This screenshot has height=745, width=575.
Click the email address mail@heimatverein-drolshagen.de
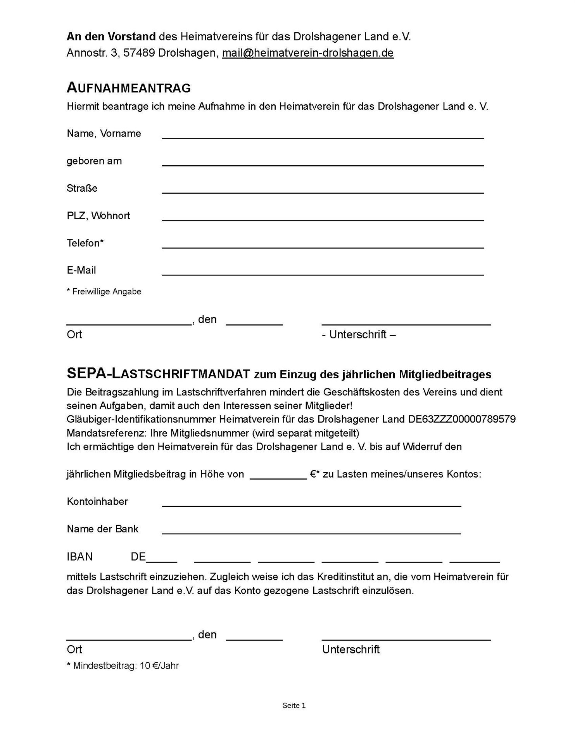click(x=307, y=53)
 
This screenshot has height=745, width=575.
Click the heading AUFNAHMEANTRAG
click(x=129, y=88)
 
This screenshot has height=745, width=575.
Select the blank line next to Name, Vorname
click(x=323, y=136)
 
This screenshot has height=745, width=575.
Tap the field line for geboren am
click(x=323, y=164)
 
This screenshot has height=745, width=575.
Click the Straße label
click(x=82, y=188)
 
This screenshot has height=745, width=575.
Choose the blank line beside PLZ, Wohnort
click(x=323, y=218)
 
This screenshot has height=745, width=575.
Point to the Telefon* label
click(x=85, y=243)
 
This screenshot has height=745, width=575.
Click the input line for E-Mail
click(x=323, y=273)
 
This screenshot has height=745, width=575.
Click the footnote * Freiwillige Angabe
click(x=104, y=291)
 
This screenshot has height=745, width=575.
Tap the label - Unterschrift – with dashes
click(x=359, y=334)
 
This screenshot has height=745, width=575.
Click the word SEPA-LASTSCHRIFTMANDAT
click(x=158, y=374)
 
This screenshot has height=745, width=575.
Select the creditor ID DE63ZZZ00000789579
click(x=462, y=419)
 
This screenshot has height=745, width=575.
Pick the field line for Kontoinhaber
click(x=311, y=504)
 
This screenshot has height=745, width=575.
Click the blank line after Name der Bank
click(x=311, y=532)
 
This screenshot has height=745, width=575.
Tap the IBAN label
click(x=79, y=557)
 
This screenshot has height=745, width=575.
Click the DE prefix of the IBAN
click(x=138, y=557)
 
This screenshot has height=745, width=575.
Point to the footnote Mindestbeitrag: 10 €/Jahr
click(x=123, y=666)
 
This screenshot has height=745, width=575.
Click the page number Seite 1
click(x=294, y=705)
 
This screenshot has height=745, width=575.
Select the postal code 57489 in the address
click(x=139, y=53)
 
